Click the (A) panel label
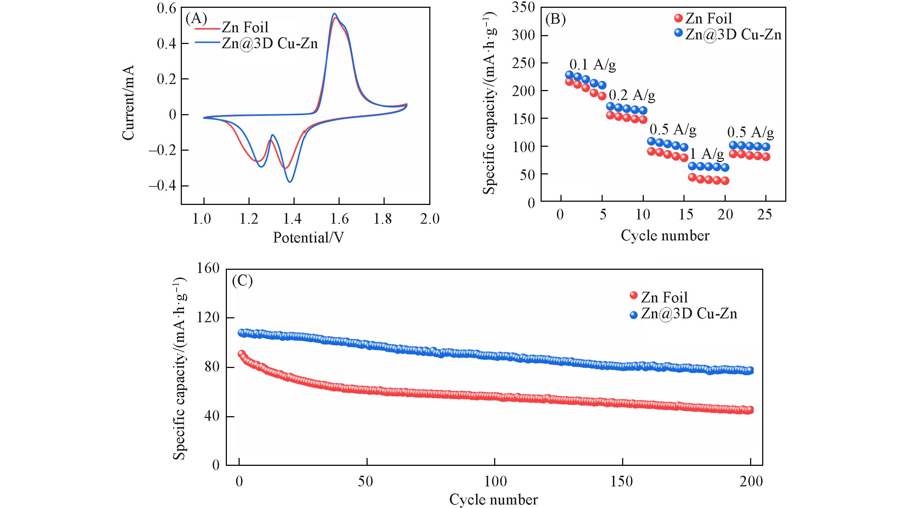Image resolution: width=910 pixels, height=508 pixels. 196,18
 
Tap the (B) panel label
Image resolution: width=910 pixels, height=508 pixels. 555,19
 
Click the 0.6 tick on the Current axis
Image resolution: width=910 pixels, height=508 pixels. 167,8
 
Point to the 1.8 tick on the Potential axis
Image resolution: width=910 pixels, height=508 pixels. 383,219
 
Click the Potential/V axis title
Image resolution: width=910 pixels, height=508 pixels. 308,237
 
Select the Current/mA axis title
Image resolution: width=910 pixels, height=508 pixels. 128,102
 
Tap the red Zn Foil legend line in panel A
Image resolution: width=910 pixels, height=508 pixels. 207,28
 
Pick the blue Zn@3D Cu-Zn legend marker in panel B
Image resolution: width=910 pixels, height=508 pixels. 679,33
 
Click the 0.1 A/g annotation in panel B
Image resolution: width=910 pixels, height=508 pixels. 592,65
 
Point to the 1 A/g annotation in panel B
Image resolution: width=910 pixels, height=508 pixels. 707,153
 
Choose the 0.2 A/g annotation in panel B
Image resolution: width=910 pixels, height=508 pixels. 632,95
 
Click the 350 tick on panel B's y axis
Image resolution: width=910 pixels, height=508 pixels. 523,7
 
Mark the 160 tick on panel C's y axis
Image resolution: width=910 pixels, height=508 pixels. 208,268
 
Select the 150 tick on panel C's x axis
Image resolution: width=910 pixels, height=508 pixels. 622,481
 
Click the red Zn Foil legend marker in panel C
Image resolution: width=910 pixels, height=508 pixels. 633,295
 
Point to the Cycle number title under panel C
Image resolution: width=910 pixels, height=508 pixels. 493,499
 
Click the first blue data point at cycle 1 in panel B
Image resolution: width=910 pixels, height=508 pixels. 569,75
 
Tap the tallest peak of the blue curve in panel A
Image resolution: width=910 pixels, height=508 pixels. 334,14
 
